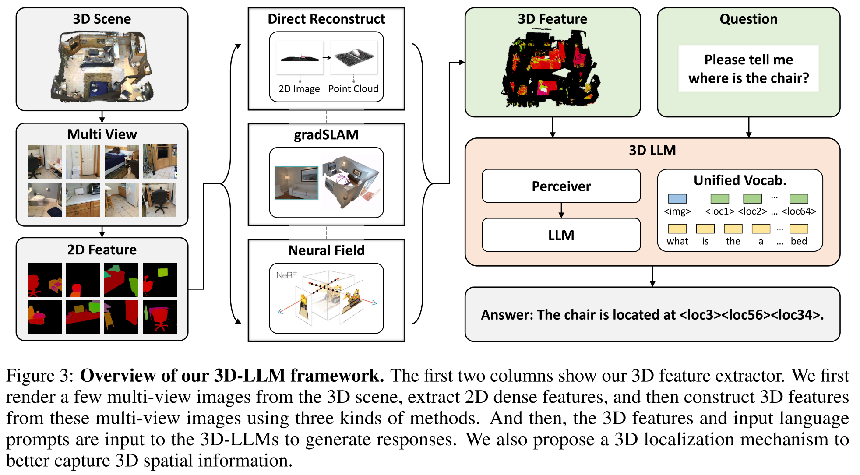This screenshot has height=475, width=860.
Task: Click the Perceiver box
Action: [561, 186]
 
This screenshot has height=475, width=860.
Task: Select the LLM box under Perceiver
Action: [561, 235]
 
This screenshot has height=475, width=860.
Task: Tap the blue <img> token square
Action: [677, 199]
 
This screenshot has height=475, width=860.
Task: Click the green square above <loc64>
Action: [799, 199]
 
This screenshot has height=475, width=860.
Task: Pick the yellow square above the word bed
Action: [799, 229]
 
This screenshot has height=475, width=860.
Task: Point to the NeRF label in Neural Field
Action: [286, 275]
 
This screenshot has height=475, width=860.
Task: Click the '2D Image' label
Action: [299, 89]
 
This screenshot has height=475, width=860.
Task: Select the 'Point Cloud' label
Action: [353, 89]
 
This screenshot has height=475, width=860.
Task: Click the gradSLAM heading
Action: [326, 135]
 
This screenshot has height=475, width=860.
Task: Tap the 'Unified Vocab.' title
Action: [740, 180]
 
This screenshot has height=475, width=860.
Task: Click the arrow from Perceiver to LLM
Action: [561, 211]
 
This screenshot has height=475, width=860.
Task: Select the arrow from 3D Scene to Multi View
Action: [102, 117]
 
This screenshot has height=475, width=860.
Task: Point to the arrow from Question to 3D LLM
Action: [749, 127]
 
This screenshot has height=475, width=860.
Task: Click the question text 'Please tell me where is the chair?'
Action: [749, 69]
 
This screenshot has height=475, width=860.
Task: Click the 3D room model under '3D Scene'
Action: [102, 66]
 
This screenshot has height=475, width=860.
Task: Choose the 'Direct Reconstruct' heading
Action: [326, 19]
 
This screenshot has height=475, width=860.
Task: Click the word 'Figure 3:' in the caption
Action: [39, 376]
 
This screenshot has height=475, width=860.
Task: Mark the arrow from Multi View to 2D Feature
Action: [102, 232]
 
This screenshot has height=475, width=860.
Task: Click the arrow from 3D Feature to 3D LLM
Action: [553, 127]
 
